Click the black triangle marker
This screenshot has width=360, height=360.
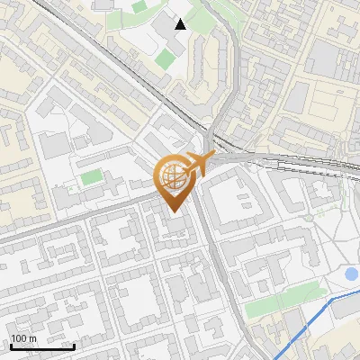point(181,24)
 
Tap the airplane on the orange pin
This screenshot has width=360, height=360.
point(198,165)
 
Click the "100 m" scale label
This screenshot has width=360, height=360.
point(23,338)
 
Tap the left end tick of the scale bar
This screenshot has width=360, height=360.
point(11,345)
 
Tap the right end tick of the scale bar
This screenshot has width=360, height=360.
point(74,345)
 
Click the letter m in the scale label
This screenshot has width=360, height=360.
point(34,338)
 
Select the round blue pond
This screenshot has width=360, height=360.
point(352,274)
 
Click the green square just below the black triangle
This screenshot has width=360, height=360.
point(166,59)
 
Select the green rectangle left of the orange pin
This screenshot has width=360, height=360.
point(92,177)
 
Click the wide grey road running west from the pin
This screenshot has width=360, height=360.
point(81,212)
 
